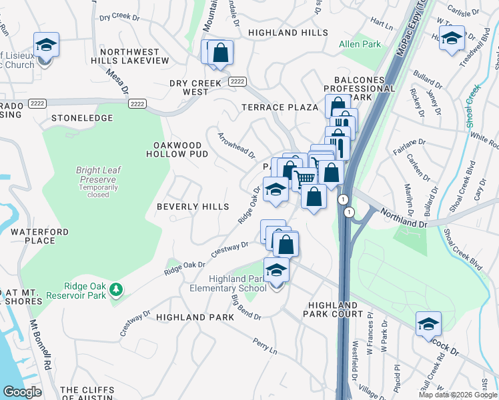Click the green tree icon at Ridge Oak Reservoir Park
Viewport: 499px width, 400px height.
117,289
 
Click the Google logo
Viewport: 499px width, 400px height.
22,392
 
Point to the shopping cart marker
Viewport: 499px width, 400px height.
304,178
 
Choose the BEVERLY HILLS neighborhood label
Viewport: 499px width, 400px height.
193,207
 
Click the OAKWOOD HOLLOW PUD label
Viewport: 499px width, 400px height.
177,149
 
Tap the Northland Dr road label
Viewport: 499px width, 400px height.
404,217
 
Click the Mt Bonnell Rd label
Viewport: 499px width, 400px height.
39,345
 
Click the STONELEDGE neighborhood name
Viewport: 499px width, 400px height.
82,118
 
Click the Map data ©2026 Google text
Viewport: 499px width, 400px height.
457,395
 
